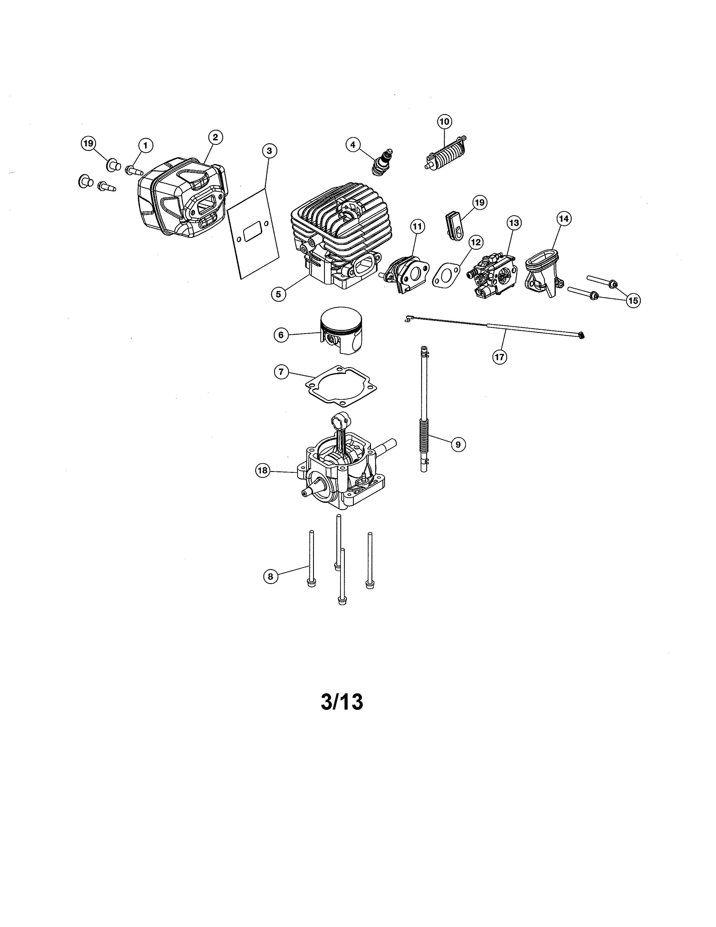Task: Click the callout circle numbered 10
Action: click(x=444, y=121)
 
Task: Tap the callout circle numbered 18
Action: click(x=263, y=470)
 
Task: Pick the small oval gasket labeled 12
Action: click(x=446, y=274)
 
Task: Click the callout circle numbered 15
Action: click(x=633, y=301)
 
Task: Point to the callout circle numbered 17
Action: click(x=500, y=357)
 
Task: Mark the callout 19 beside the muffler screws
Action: click(x=88, y=144)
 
